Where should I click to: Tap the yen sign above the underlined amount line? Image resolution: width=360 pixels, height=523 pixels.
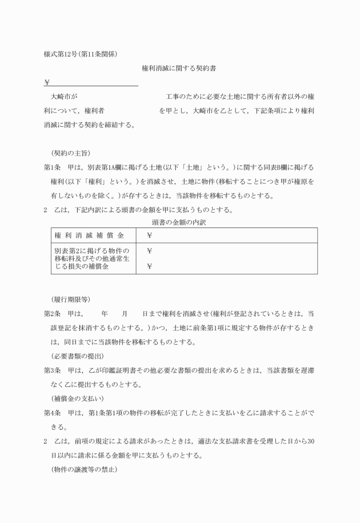click(x=47, y=82)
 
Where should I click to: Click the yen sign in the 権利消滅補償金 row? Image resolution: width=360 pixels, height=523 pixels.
click(x=150, y=235)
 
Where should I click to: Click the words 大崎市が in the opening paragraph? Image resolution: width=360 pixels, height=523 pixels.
click(x=64, y=96)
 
